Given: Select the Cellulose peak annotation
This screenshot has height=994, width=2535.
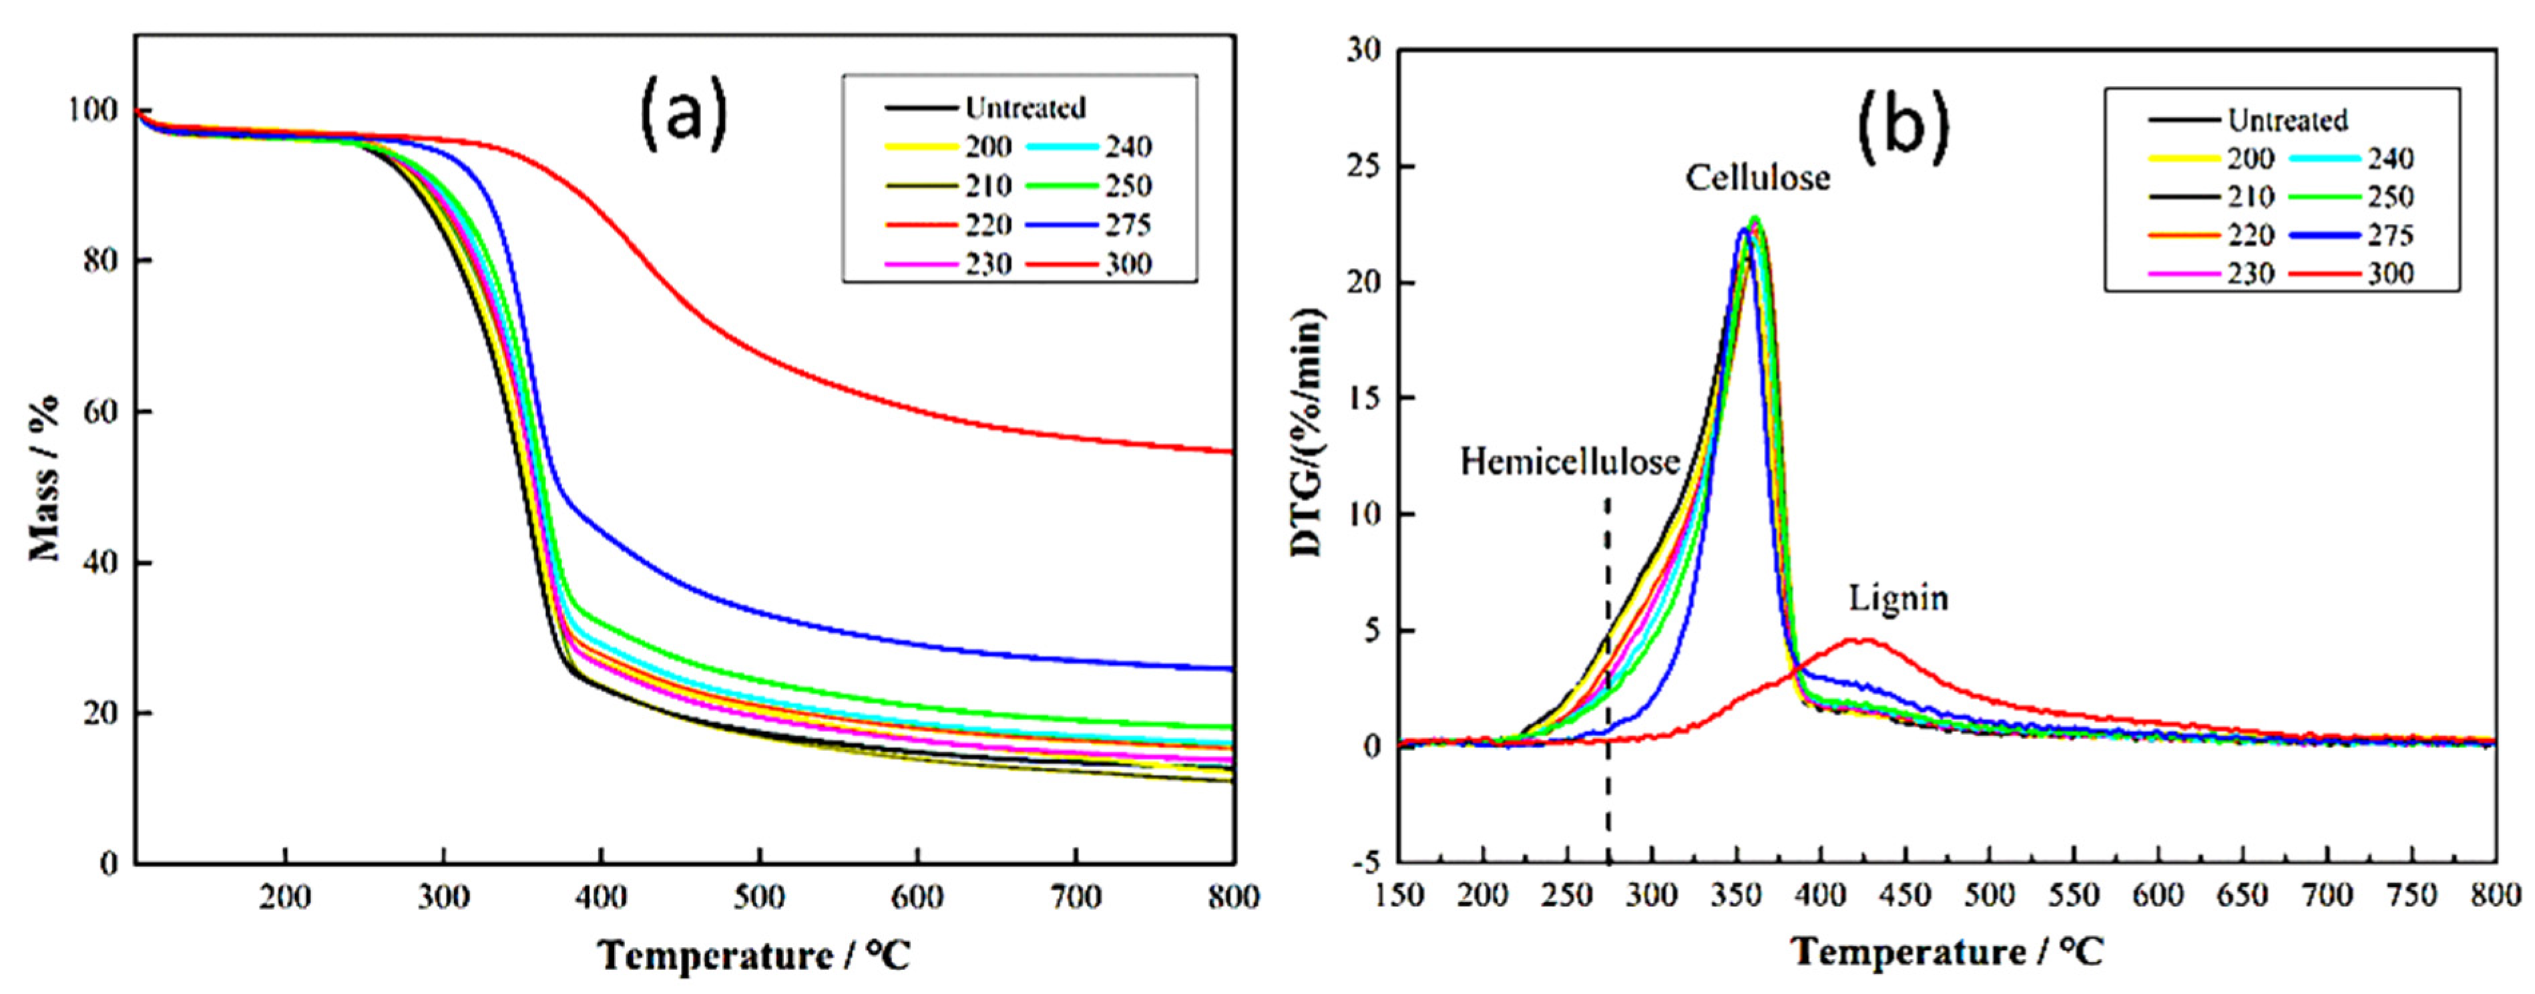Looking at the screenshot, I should [x=1758, y=178].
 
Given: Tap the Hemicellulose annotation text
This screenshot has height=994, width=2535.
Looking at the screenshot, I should [x=1569, y=462].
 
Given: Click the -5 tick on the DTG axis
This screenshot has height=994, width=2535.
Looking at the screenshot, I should [x=1366, y=862].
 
